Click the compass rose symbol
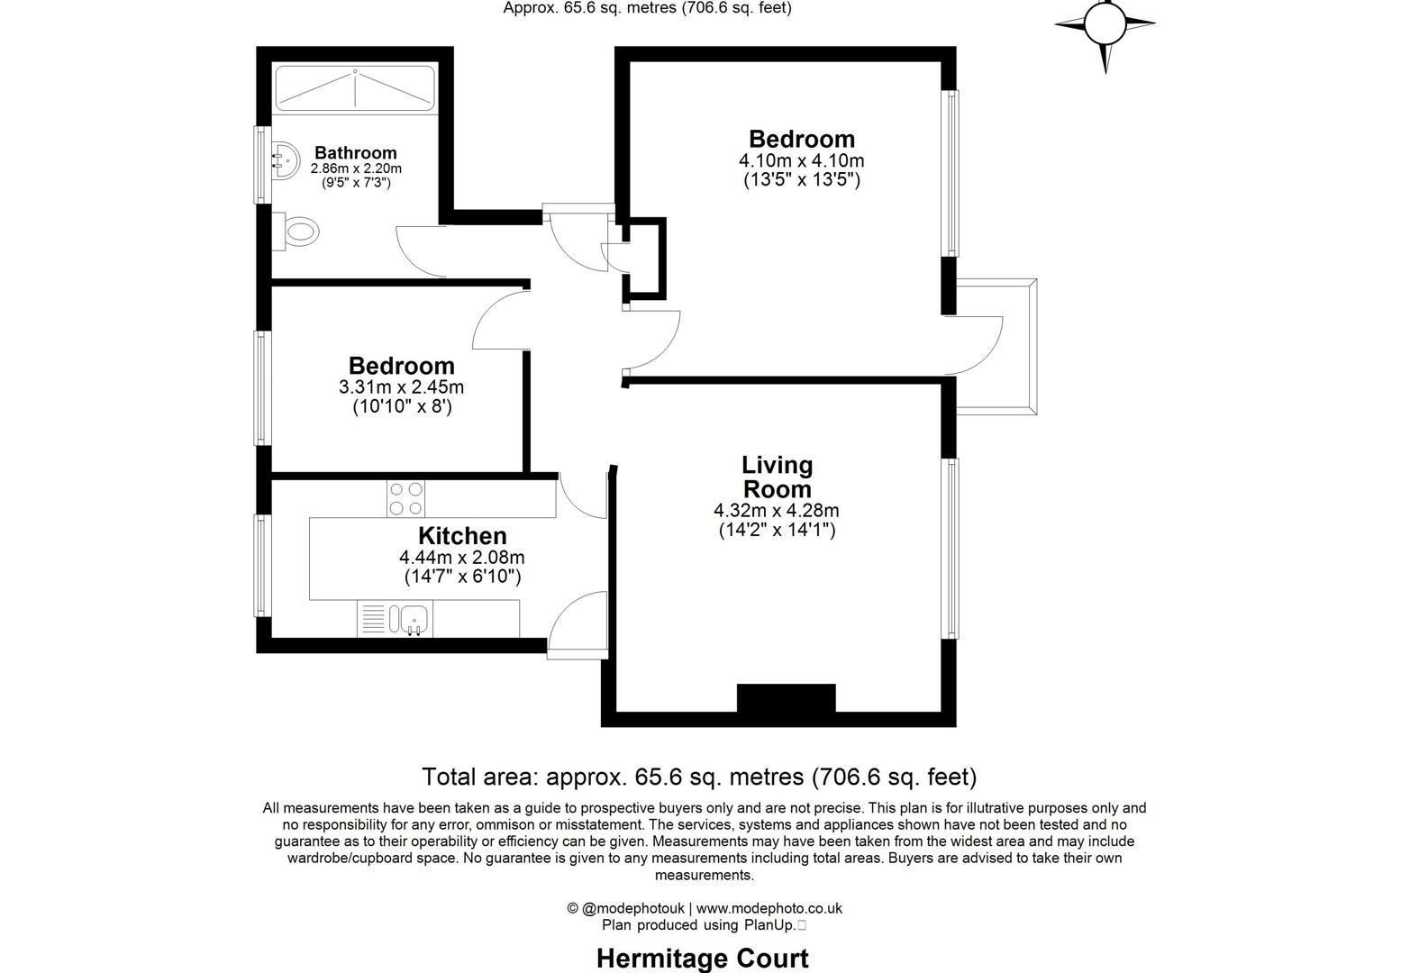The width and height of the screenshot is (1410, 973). [1105, 25]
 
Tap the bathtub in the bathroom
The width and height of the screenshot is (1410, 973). [355, 88]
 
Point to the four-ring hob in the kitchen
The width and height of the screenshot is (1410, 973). [405, 499]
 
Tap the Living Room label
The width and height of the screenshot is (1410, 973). [777, 477]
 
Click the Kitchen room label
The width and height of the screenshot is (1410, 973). [462, 536]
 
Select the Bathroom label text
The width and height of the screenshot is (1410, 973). [356, 153]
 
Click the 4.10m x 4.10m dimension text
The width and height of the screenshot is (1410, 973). [802, 161]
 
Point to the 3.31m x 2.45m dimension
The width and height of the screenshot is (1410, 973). [401, 387]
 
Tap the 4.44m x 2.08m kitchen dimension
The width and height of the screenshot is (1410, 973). [462, 558]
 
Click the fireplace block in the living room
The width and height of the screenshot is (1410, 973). [786, 699]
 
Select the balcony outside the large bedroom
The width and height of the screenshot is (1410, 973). [996, 347]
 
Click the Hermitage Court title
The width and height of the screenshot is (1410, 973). [703, 959]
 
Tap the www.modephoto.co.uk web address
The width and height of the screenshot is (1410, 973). [769, 909]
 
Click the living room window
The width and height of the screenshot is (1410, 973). [950, 549]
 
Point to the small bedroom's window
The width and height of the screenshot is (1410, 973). [262, 387]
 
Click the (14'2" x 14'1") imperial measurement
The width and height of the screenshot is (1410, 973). [777, 531]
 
